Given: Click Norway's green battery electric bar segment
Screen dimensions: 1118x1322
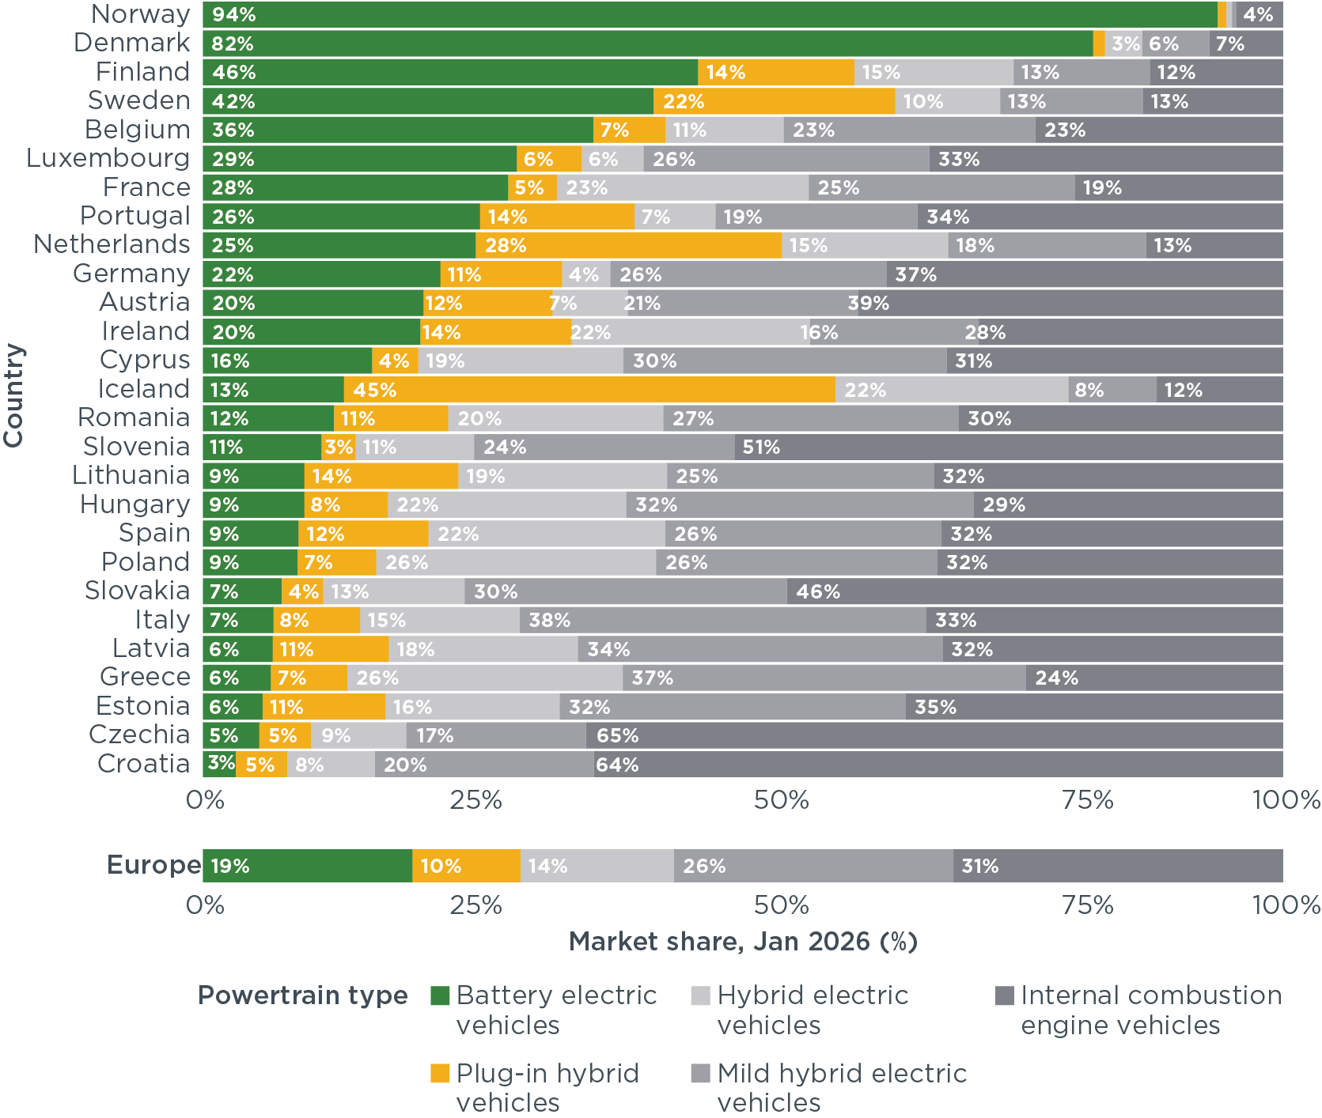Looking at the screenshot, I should (x=710, y=15).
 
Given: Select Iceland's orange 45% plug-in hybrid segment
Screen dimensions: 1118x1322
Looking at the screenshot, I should (x=589, y=390).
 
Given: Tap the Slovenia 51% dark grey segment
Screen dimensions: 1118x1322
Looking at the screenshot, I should (x=1009, y=448).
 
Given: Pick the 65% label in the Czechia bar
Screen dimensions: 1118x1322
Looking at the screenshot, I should (x=618, y=736).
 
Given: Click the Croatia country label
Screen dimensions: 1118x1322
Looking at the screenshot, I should (x=143, y=764).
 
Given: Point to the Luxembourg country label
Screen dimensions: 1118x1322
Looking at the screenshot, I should (x=108, y=158).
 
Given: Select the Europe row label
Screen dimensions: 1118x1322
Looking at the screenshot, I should (x=153, y=865).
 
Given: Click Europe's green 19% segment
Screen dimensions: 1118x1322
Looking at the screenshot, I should (x=308, y=866).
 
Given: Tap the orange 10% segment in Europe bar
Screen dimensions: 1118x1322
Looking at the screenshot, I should (x=466, y=866).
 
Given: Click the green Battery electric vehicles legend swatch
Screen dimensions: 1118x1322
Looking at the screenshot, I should (x=440, y=995).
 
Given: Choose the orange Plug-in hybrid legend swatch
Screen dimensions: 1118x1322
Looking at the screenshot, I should (x=440, y=1073).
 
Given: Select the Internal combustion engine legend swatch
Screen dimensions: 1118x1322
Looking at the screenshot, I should (x=1004, y=995).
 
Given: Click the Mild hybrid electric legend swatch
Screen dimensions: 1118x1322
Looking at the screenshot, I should (x=700, y=1073).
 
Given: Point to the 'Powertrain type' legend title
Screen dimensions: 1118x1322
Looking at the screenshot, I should (x=302, y=995).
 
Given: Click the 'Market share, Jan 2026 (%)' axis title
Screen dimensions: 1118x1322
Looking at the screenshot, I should (x=743, y=942).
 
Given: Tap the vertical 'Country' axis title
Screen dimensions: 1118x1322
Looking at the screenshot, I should (x=13, y=395).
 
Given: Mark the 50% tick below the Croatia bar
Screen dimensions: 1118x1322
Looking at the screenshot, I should (x=781, y=800).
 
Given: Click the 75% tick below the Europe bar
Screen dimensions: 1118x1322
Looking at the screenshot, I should (x=1088, y=905).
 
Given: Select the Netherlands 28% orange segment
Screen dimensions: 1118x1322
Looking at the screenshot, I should (x=628, y=246).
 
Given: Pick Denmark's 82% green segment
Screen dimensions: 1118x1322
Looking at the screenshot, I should (x=648, y=44).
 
